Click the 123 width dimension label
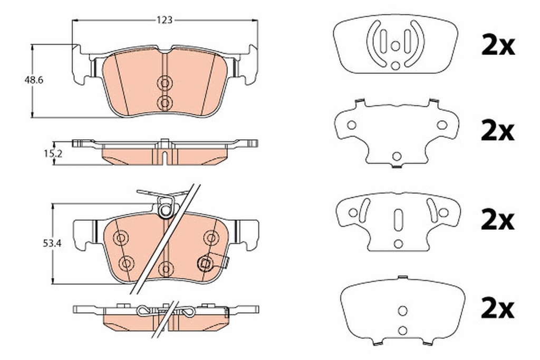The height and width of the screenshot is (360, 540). [165, 21]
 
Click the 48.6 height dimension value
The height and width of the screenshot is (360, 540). [33, 80]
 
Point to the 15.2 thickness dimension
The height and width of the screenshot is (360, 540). [53, 154]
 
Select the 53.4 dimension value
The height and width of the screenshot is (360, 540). [52, 244]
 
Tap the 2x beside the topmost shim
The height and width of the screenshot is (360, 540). [498, 46]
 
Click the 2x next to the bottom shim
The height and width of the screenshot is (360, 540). [498, 309]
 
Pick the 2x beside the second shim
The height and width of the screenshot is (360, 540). [498, 131]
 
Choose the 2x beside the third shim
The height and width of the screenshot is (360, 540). [498, 220]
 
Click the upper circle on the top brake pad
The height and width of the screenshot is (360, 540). [165, 83]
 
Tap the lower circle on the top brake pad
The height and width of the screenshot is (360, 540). [165, 103]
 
